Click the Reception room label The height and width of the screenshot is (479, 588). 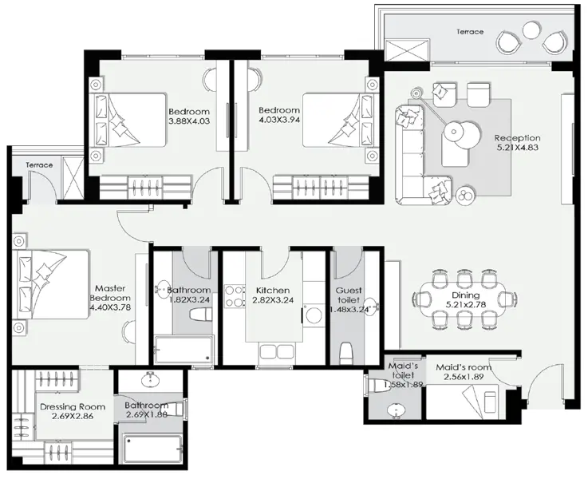[x=517, y=138]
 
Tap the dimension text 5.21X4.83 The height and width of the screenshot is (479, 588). [x=517, y=148]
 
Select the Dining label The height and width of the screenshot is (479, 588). [x=465, y=295]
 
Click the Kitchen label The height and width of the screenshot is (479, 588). [x=272, y=291]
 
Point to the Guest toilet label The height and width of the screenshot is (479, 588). [x=349, y=295]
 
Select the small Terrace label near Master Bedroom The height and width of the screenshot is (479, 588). [x=39, y=165]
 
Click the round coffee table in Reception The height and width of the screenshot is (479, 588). [x=457, y=129]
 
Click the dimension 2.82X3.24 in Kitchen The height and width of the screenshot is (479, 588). [x=272, y=302]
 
